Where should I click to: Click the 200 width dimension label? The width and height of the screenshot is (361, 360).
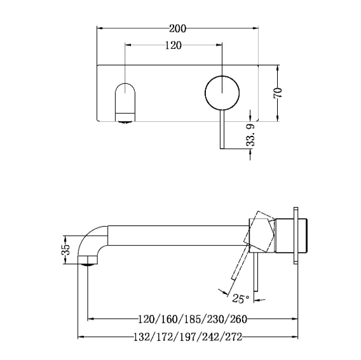pyautogui.click(x=177, y=29)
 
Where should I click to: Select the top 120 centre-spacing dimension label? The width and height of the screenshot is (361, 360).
pyautogui.click(x=174, y=45)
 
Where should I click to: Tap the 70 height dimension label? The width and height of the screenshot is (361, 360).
pyautogui.click(x=278, y=93)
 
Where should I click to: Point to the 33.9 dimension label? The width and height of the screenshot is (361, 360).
pyautogui.click(x=250, y=135)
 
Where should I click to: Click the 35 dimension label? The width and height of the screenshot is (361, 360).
pyautogui.click(x=65, y=250)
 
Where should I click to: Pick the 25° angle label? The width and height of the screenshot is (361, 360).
pyautogui.click(x=241, y=298)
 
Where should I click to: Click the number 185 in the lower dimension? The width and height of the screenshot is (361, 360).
pyautogui.click(x=192, y=319)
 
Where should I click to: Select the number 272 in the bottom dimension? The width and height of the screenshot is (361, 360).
pyautogui.click(x=234, y=337)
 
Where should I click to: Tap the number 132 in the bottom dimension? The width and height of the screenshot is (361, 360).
pyautogui.click(x=142, y=337)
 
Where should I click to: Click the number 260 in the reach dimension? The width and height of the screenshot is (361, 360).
pyautogui.click(x=238, y=319)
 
